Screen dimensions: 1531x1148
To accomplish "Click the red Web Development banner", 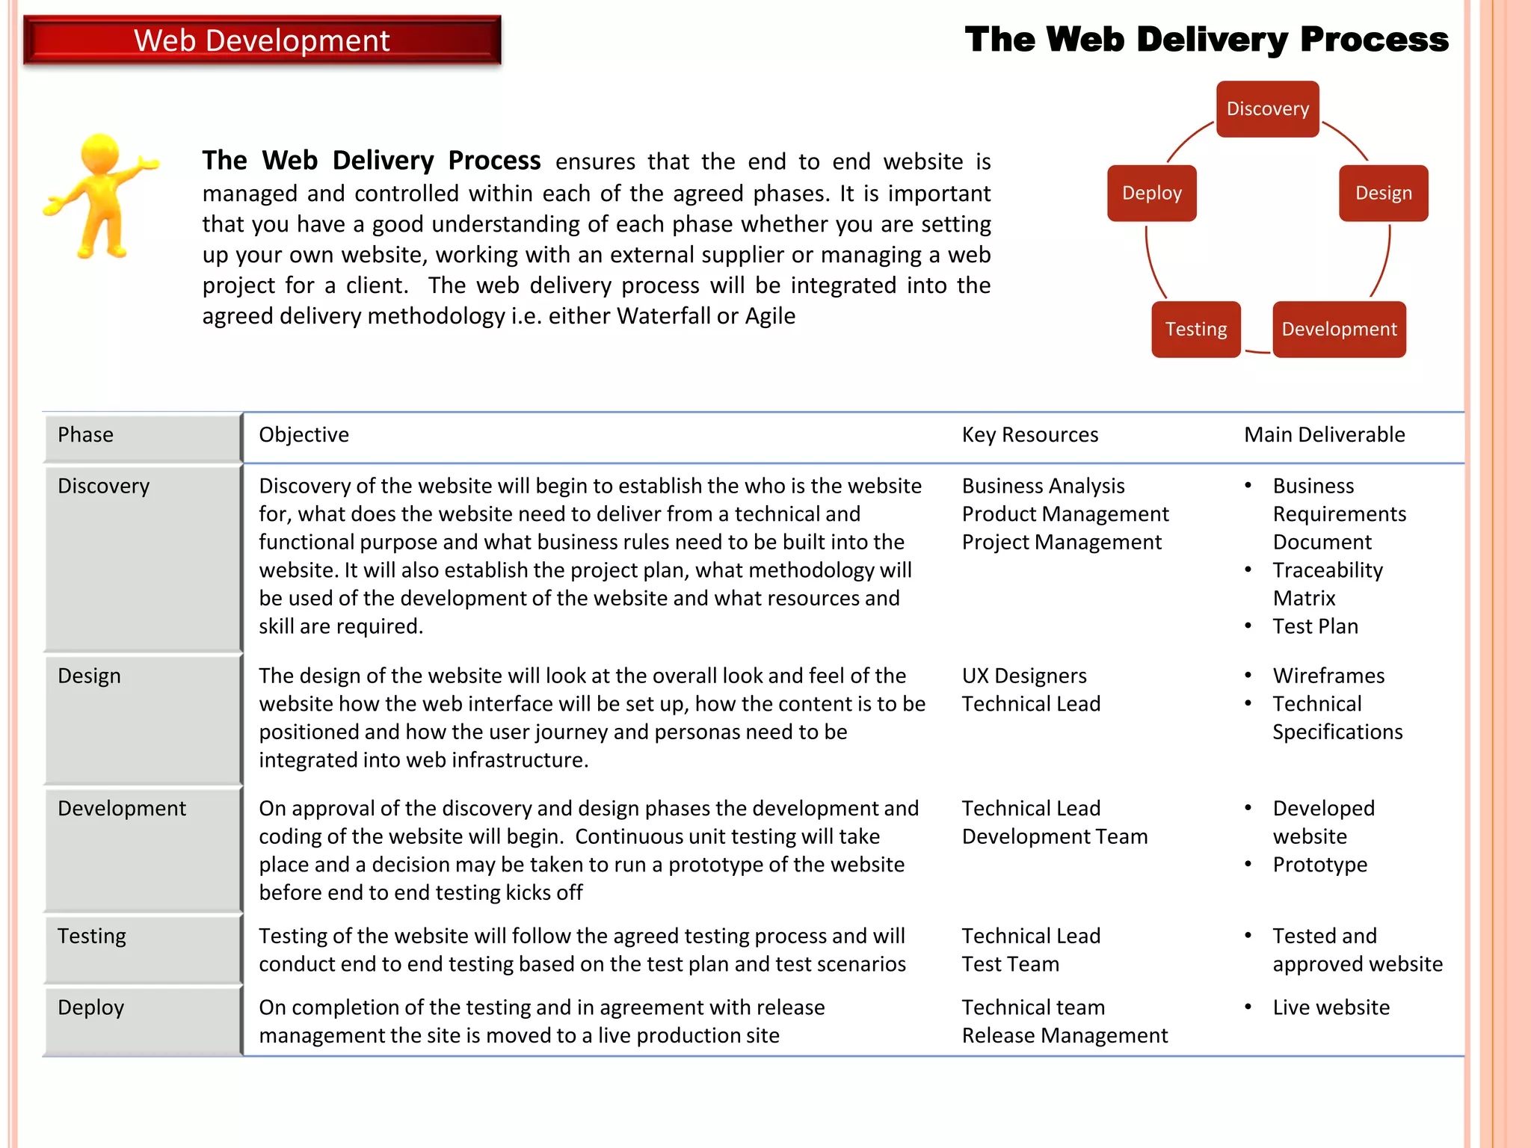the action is pos(262,40).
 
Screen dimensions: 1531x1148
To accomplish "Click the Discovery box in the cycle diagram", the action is pos(1267,109).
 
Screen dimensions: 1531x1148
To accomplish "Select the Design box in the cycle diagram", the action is pos(1383,194).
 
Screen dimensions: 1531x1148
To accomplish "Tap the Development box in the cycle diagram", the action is pos(1339,330).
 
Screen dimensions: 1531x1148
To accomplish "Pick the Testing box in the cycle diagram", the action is pos(1195,330).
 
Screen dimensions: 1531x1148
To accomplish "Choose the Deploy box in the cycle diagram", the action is pos(1151,194).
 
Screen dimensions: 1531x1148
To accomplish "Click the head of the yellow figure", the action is pos(99,154).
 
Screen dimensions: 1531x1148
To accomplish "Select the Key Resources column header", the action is pos(1029,435).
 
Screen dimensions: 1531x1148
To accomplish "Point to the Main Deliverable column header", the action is pos(1324,435).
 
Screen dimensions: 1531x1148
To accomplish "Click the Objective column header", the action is pos(304,435).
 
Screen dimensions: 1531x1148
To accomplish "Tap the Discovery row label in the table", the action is pos(104,487).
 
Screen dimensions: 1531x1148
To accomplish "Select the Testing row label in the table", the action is pos(92,936).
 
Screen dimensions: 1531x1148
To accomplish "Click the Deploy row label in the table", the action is pos(91,1007).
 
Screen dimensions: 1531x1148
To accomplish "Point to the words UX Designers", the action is pos(1024,676).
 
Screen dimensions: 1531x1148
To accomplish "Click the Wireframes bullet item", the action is pos(1328,676).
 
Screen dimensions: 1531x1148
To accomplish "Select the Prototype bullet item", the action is pos(1319,865).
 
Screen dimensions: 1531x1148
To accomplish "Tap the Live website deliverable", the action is pos(1331,1007).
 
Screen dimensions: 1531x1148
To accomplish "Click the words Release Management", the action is pos(1065,1036).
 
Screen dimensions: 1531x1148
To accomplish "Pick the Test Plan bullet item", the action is pos(1315,626).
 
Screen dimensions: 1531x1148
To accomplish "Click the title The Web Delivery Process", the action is pos(1206,40).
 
